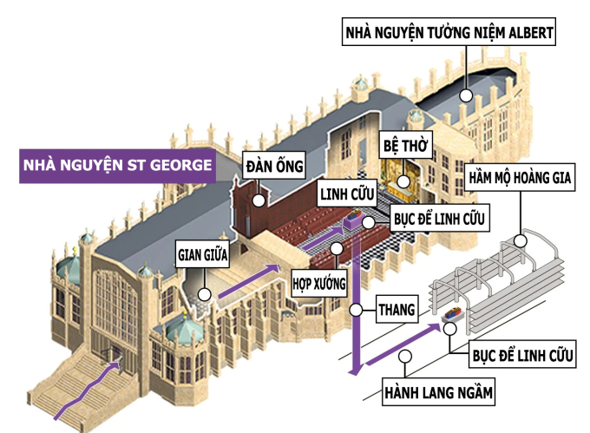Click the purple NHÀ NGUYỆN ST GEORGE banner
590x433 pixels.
tap(117, 165)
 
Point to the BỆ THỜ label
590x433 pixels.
tap(404, 146)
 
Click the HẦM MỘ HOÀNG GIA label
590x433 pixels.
tap(522, 179)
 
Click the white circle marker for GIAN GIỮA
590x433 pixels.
tap(205, 293)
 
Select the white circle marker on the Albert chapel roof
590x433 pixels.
tap(466, 95)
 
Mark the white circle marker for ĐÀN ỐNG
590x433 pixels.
tap(258, 200)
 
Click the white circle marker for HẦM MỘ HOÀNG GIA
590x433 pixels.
tap(521, 239)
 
